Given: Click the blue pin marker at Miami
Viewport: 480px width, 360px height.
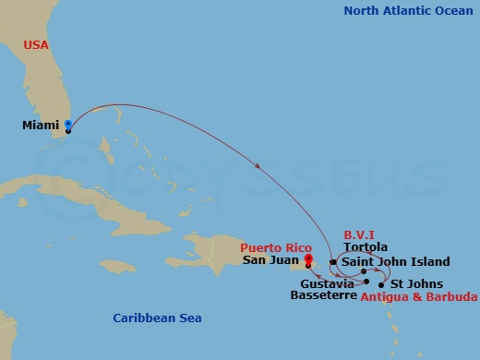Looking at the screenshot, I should point(68,126).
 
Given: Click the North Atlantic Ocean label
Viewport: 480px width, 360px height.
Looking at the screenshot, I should point(405,11).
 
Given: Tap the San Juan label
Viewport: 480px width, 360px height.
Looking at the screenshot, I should point(270,260).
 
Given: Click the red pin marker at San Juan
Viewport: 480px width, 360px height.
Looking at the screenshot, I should point(308,259).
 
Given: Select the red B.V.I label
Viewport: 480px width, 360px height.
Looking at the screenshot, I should point(358,235).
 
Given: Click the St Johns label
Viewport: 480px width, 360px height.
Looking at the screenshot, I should point(416,283).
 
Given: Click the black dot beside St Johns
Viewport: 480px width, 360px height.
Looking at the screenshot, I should point(381,284).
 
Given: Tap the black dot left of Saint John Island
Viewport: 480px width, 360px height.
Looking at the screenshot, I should point(333,262).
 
